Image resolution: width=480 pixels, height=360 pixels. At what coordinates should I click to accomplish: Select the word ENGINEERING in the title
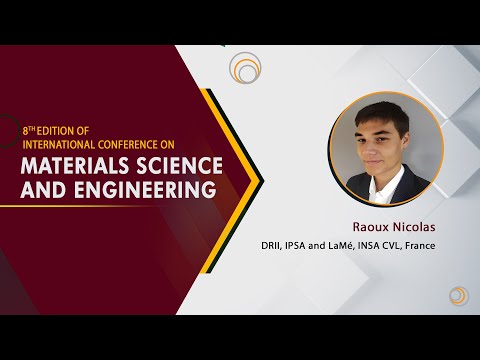pos(145,189)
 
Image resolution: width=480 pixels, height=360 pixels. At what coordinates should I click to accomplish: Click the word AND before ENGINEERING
pos(43,189)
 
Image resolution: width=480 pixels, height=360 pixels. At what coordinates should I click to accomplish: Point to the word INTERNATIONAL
pos(59,145)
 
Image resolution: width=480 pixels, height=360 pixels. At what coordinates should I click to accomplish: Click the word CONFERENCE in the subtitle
pos(126,145)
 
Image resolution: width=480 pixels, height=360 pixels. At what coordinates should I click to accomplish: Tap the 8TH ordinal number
pos(29,131)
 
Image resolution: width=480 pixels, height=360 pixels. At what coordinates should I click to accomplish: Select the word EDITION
pos(55,131)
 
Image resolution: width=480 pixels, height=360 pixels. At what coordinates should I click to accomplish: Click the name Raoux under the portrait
pos(371,227)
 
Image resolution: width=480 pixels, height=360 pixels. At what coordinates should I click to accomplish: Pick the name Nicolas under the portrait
pos(414,227)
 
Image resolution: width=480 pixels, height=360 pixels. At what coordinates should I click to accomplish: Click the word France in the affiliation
pos(420,246)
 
